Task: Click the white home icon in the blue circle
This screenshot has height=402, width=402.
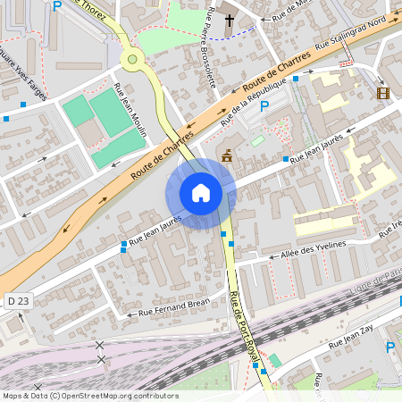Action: [201, 193]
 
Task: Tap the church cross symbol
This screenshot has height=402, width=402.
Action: [230, 21]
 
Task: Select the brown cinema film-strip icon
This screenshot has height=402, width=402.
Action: [383, 93]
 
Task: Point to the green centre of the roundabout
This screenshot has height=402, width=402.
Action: [133, 60]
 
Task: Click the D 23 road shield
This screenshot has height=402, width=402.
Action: [16, 301]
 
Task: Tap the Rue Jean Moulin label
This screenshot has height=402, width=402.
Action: [130, 110]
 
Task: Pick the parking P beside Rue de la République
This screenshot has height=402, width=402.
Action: [264, 107]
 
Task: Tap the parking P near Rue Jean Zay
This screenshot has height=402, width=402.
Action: [389, 348]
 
